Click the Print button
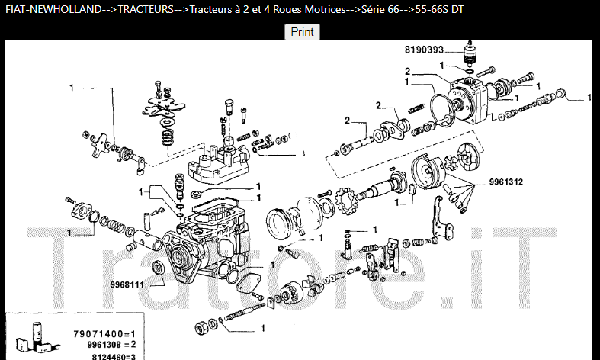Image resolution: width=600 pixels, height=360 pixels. pyautogui.click(x=303, y=32)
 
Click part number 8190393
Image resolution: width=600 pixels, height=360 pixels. pyautogui.click(x=424, y=50)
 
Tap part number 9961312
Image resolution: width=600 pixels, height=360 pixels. pyautogui.click(x=506, y=182)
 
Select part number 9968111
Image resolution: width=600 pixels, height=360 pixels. pyautogui.click(x=127, y=285)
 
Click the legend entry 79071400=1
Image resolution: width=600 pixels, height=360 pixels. pyautogui.click(x=104, y=334)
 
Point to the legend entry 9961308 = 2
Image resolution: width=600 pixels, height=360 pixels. pyautogui.click(x=111, y=345)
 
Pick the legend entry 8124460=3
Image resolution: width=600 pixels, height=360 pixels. pyautogui.click(x=114, y=356)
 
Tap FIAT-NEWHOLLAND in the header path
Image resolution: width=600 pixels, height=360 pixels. pyautogui.click(x=53, y=10)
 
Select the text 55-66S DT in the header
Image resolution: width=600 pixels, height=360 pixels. pyautogui.click(x=439, y=10)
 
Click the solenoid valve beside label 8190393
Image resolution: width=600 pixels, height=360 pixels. pyautogui.click(x=470, y=53)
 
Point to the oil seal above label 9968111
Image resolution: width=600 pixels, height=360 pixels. pyautogui.click(x=158, y=267)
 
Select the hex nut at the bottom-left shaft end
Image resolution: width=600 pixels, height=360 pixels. pyautogui.click(x=201, y=328)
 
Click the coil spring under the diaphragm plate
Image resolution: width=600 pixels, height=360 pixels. pyautogui.click(x=166, y=137)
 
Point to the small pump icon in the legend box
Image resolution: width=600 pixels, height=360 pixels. pyautogui.click(x=37, y=337)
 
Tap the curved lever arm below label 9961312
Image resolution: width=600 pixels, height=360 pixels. pyautogui.click(x=441, y=219)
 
